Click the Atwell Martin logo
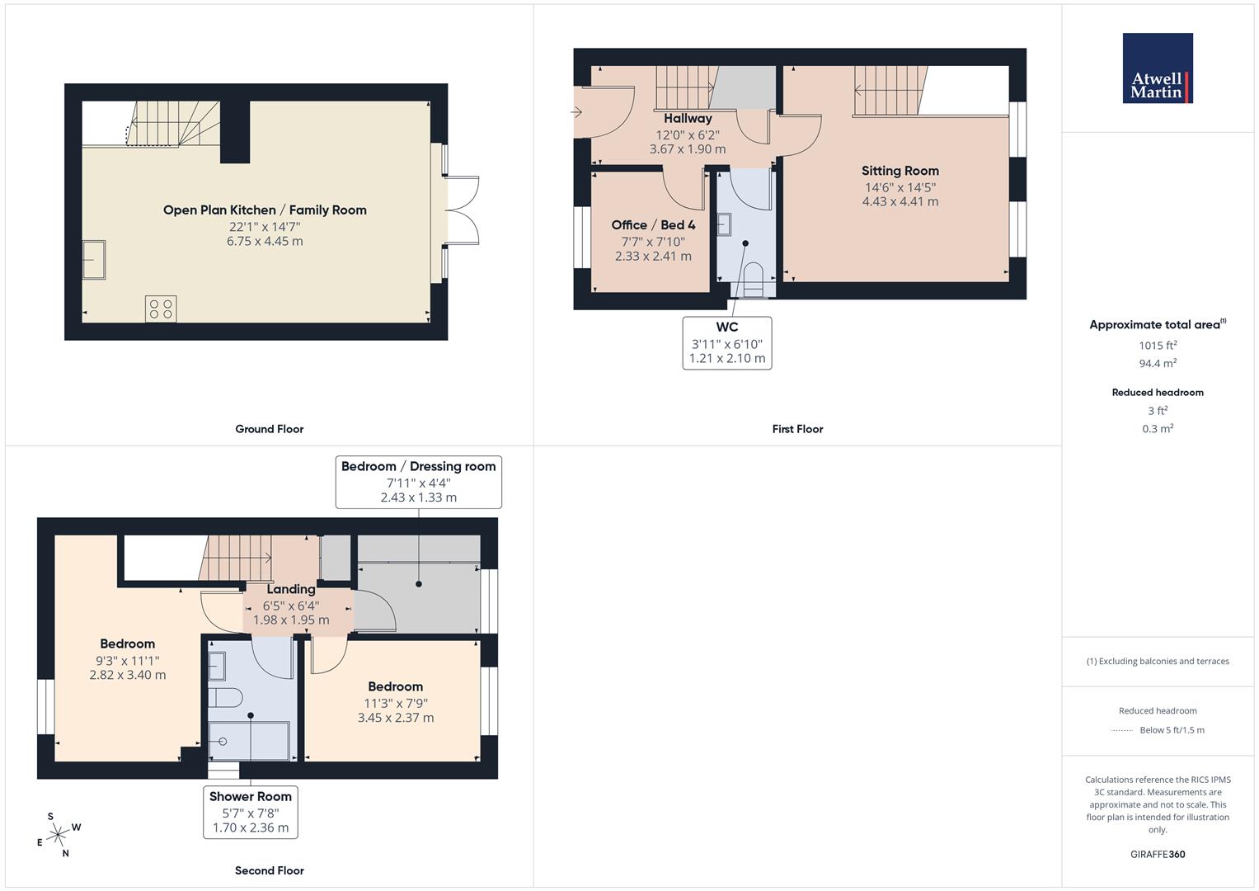click(x=1157, y=68)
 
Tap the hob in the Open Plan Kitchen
click(x=161, y=309)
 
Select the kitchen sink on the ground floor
click(x=93, y=260)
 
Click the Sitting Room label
click(x=900, y=171)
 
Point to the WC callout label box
click(x=726, y=342)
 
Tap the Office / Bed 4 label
click(x=653, y=225)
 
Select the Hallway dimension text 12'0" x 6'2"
click(x=688, y=134)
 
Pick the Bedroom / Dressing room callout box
click(x=418, y=482)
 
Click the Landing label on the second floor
click(x=290, y=589)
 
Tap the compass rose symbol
click(x=58, y=836)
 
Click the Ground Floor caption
click(x=269, y=429)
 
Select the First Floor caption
click(x=797, y=429)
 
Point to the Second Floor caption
click(x=269, y=870)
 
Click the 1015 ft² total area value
click(x=1158, y=346)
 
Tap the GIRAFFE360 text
click(x=1158, y=854)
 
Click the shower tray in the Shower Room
click(x=248, y=741)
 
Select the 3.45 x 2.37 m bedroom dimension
click(x=395, y=718)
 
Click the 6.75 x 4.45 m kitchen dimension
click(x=265, y=242)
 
